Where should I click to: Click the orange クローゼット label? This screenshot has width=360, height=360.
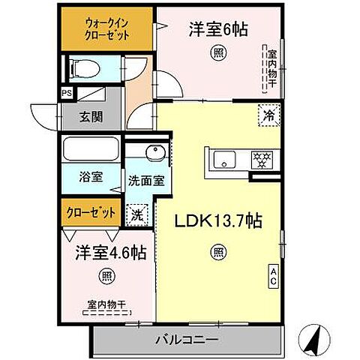pos(89,211)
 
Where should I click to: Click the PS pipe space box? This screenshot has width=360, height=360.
pos(67,94)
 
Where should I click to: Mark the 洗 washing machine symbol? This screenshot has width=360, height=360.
pos(137,214)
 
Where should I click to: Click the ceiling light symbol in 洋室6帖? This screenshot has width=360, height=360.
pos(217,52)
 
